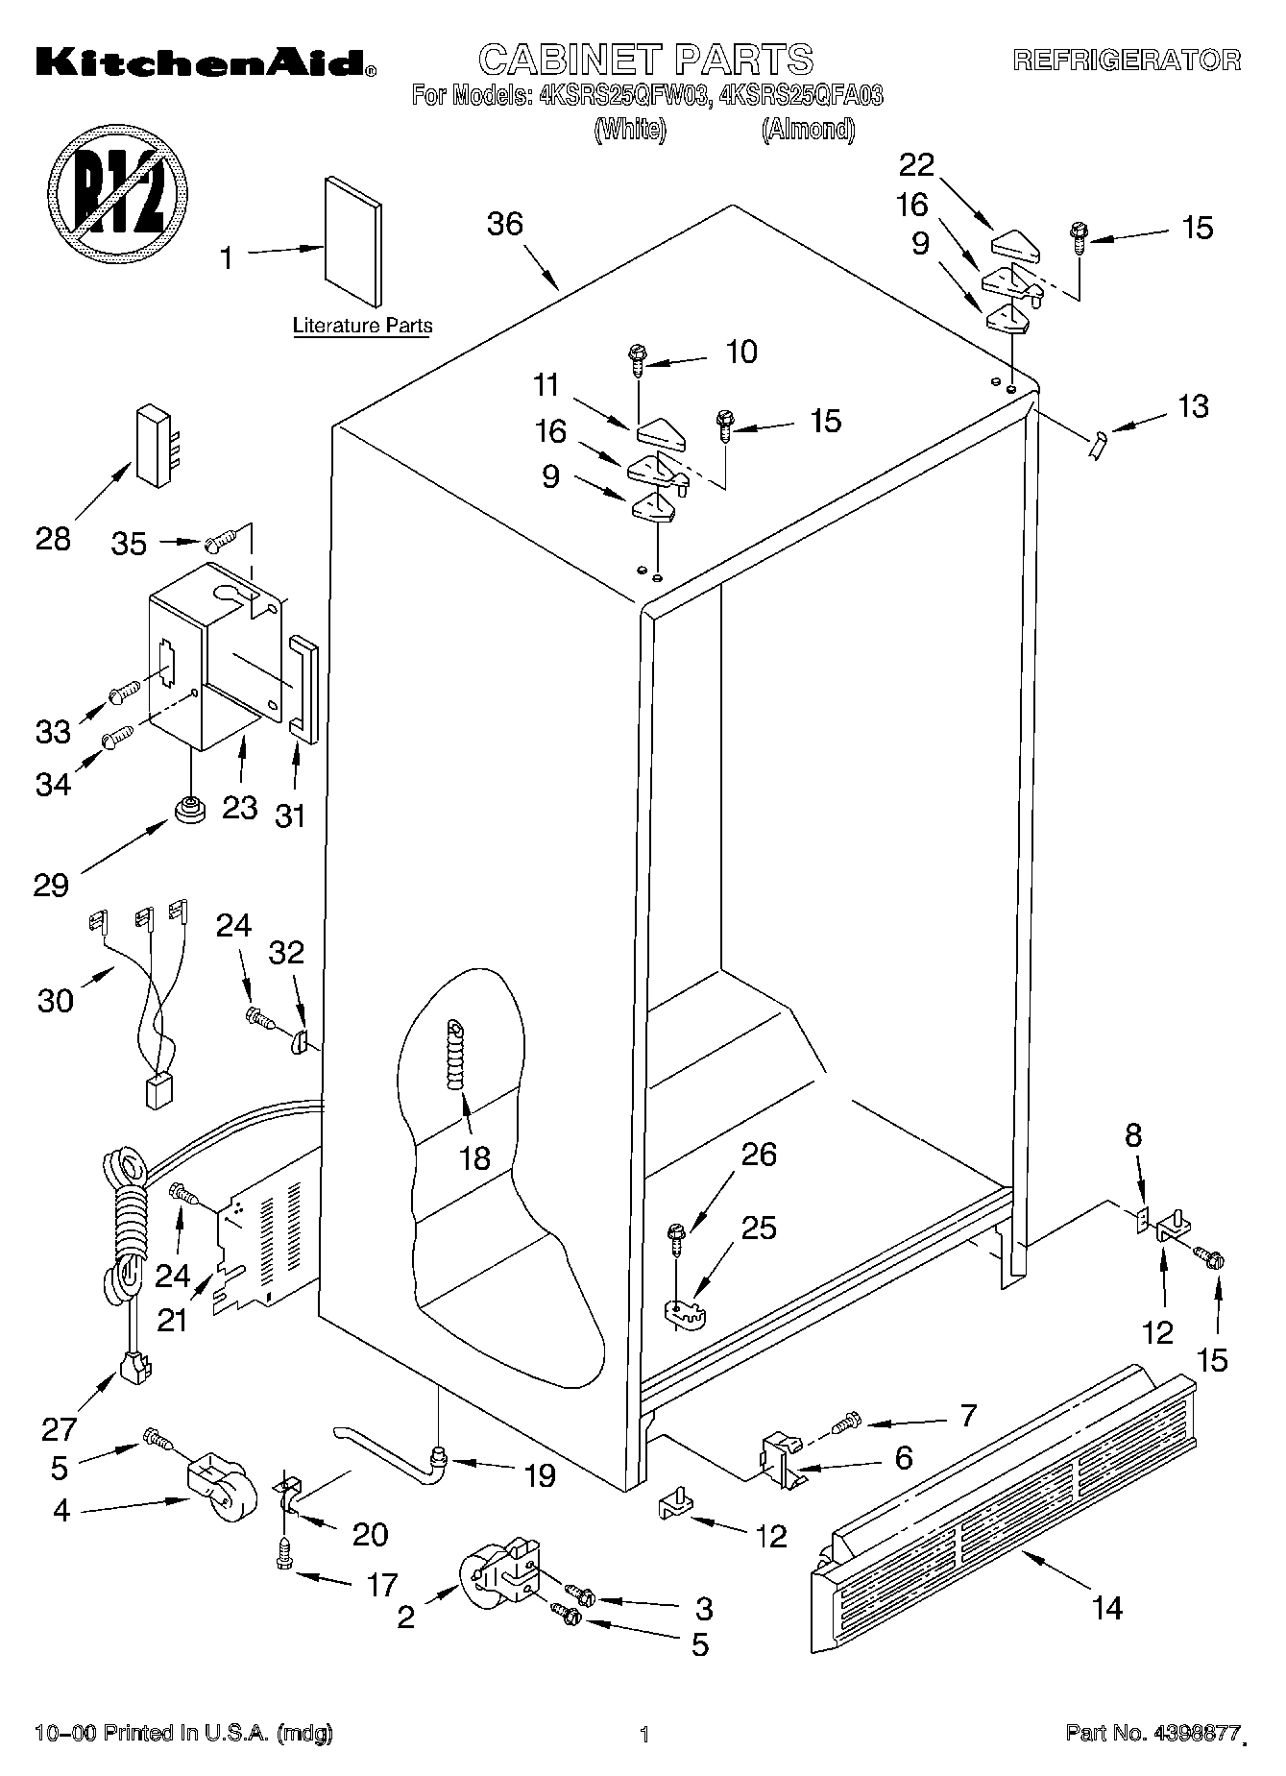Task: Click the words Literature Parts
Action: (x=362, y=326)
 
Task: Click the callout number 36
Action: (x=505, y=224)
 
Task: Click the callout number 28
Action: (x=54, y=539)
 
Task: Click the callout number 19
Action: (x=541, y=1475)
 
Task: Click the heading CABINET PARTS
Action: (x=645, y=60)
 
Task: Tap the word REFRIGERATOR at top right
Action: (x=1128, y=61)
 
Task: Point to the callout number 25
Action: (x=759, y=1228)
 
